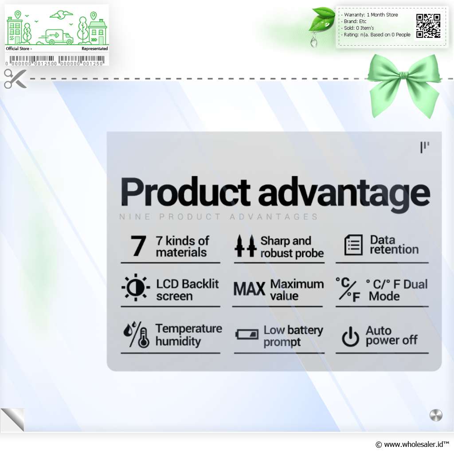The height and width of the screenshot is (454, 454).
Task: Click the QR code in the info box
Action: (x=428, y=26)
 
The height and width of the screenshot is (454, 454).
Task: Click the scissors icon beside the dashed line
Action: (x=15, y=78)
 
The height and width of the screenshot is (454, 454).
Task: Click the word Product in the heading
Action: (x=185, y=192)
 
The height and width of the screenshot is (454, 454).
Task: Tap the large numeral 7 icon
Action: (x=138, y=246)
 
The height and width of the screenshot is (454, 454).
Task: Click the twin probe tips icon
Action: (x=245, y=246)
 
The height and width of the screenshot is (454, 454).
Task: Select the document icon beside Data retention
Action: (x=353, y=245)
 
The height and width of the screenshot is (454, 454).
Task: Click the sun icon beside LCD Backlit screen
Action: (x=136, y=287)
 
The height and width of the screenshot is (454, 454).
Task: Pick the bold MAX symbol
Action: (x=249, y=289)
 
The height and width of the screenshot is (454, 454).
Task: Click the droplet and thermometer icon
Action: (x=137, y=334)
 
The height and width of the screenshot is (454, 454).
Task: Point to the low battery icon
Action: (x=247, y=334)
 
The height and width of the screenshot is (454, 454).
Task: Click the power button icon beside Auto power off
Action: (x=350, y=337)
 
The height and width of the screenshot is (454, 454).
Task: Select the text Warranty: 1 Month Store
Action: (x=371, y=15)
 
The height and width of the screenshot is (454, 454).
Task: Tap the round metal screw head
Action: (x=436, y=415)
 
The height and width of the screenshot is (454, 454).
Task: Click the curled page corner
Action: (x=12, y=420)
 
